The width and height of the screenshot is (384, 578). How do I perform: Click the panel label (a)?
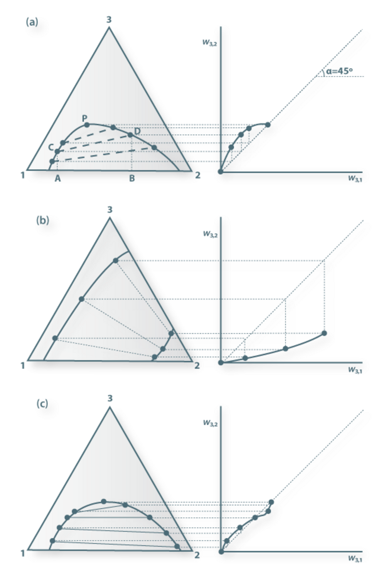(x=32, y=22)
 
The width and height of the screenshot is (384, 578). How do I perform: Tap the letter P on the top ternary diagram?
(x=85, y=118)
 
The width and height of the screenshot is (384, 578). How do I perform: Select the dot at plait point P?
(x=87, y=125)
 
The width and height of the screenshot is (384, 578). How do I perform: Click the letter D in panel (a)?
(x=138, y=131)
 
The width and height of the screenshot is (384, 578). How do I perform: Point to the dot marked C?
(x=57, y=152)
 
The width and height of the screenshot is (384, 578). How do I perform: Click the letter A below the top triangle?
(x=58, y=178)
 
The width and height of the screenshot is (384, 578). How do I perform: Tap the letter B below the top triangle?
(x=132, y=178)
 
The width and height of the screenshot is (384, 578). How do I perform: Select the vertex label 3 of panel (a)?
(x=109, y=20)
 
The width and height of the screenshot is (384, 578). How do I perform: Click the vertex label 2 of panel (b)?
(x=197, y=366)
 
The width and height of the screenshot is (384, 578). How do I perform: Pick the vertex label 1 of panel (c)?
(x=23, y=553)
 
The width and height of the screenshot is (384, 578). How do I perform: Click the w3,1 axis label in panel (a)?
(x=355, y=178)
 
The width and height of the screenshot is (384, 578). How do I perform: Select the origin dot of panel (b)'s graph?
(x=221, y=363)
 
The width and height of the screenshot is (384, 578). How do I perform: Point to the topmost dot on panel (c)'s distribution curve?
(x=271, y=502)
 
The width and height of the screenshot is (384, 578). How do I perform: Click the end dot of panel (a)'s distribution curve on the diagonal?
(x=268, y=125)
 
